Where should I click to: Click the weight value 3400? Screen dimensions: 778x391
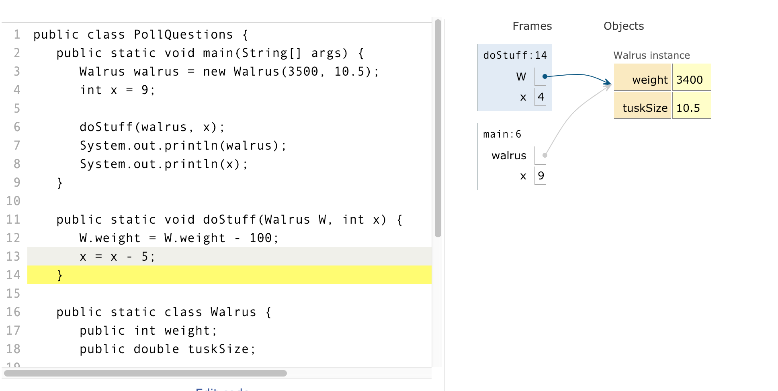[689, 80]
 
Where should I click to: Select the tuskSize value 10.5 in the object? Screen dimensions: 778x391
[688, 108]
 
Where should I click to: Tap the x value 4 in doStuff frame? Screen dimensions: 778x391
[541, 97]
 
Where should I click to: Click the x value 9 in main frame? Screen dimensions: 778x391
[541, 176]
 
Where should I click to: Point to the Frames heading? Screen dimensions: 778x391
[532, 26]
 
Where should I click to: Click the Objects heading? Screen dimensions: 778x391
[623, 26]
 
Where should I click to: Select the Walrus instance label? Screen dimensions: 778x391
[651, 56]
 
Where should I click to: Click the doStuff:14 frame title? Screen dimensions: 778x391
[515, 56]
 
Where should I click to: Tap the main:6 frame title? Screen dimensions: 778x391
[502, 134]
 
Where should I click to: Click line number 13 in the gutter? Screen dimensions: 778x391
[13, 257]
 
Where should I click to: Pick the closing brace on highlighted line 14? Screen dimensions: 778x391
[60, 275]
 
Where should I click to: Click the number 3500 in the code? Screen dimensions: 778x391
[303, 72]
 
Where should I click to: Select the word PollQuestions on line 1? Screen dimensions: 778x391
[183, 35]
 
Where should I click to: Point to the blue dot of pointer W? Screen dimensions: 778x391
[545, 76]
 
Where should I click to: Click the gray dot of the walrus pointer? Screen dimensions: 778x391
[545, 155]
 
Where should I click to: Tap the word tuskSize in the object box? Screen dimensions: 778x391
[645, 108]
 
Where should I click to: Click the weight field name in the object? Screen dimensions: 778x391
[649, 80]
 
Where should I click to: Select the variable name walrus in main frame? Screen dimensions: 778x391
[509, 156]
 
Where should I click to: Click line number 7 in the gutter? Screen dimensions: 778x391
[16, 146]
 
